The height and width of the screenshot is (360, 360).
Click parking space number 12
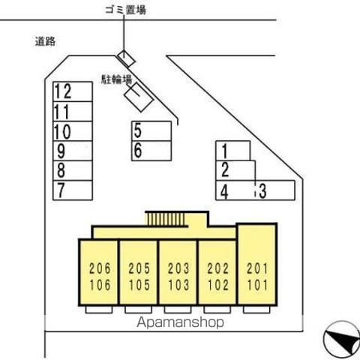[73, 91]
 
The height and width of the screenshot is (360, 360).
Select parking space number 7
[73, 190]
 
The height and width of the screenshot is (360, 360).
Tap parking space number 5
[151, 131]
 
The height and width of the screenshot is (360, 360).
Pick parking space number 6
[151, 151]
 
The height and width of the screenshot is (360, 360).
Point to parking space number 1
[233, 151]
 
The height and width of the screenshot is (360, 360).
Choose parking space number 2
[235, 170]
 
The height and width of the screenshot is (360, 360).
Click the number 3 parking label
[262, 191]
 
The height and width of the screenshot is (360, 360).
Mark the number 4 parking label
[224, 192]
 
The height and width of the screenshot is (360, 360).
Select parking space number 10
[73, 131]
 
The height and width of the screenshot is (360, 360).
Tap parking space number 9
[73, 151]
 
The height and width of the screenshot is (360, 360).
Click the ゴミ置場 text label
[125, 10]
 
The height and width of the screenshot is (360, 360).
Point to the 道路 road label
[45, 41]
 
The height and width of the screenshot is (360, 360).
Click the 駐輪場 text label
[116, 79]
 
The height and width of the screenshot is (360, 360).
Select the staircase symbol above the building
[166, 219]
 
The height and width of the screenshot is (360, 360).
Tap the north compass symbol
[341, 340]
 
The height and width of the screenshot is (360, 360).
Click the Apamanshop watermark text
[180, 322]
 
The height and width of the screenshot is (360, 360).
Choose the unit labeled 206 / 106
[98, 272]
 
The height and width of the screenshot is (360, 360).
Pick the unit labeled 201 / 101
[257, 264]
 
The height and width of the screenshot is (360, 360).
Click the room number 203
[178, 268]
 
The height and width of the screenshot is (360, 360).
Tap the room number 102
[218, 285]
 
